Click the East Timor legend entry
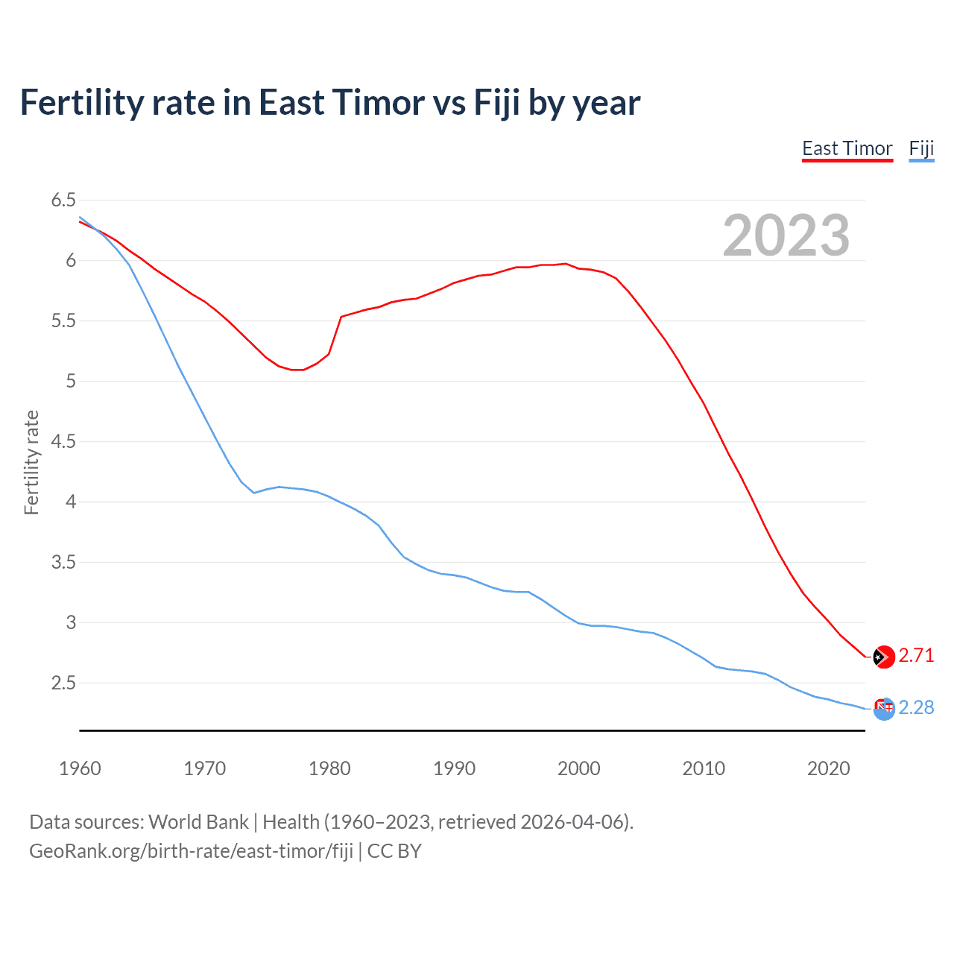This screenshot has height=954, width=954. point(847,149)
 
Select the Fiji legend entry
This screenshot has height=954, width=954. point(921,149)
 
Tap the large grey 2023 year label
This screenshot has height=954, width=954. point(786,236)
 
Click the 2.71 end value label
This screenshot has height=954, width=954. point(916,655)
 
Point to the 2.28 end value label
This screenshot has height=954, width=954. point(916,707)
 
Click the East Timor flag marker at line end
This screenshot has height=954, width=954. point(883,657)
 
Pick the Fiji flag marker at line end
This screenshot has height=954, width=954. point(883,709)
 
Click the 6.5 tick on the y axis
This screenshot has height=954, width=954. point(63,200)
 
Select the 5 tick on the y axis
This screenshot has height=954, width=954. point(71,381)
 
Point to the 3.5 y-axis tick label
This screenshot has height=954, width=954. point(63,562)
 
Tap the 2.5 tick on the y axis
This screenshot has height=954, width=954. point(63,683)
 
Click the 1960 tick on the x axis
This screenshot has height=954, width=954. point(80,768)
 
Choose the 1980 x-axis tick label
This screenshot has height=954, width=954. point(329,768)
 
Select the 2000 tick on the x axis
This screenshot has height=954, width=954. point(578,768)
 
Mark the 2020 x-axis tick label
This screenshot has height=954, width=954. point(828,768)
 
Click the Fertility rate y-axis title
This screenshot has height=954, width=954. point(31,462)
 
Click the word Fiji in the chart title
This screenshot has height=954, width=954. point(497,103)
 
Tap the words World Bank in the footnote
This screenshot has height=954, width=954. point(198,822)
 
